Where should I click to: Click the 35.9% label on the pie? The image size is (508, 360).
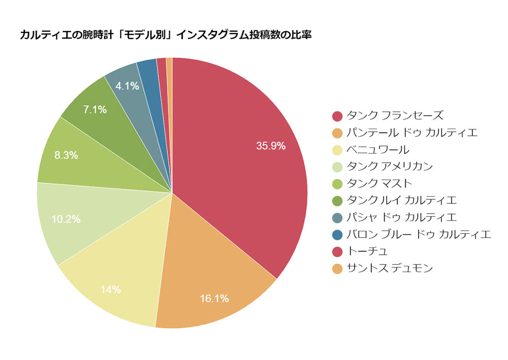point(271,146)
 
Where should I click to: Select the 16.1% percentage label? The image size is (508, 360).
point(214,298)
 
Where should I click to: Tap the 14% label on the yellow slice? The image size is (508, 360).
point(110,290)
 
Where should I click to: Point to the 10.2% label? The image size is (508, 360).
point(66,220)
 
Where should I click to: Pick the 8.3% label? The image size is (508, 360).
point(66,156)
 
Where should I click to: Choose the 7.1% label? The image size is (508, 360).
point(95,109)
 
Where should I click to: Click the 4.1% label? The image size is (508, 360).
point(127,86)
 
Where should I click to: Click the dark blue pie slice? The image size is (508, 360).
point(148,71)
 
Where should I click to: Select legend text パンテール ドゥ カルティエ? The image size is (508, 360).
point(412,133)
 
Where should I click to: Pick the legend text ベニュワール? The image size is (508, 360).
point(377,150)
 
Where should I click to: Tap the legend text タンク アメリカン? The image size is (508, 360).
point(390,166)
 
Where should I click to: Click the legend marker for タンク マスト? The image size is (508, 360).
point(337,184)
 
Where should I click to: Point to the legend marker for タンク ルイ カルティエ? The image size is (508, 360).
point(337,200)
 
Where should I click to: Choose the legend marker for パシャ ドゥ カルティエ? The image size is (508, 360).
point(337,218)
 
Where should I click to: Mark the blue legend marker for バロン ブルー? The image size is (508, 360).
point(337,234)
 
